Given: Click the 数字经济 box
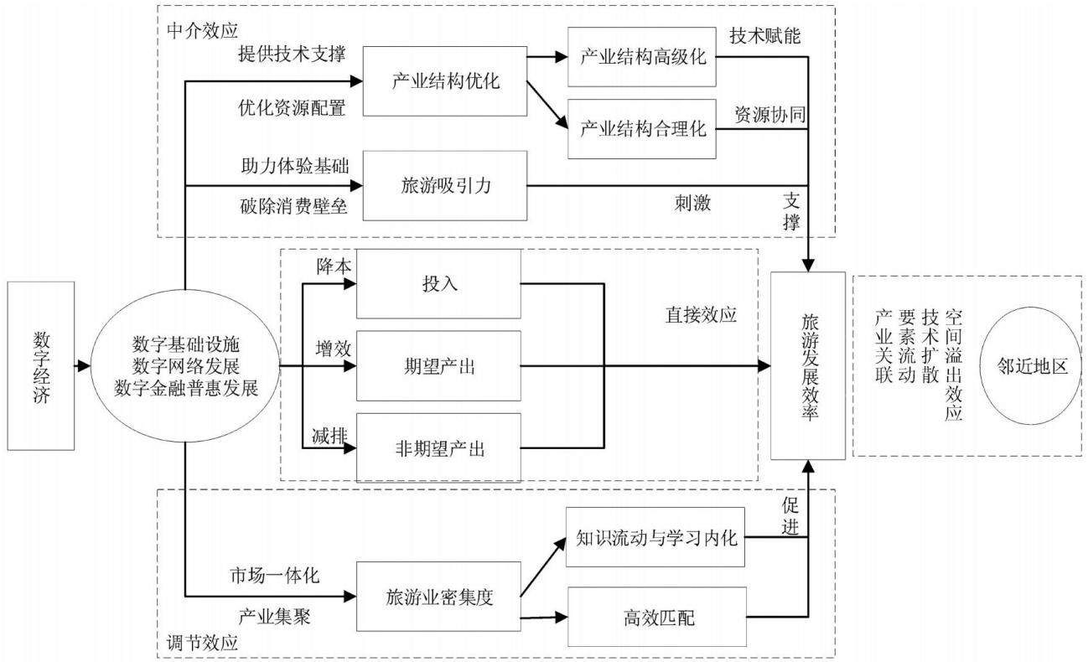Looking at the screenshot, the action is (x=41, y=365).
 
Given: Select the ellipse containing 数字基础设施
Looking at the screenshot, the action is (x=185, y=365).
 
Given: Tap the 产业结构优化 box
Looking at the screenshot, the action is (x=445, y=81).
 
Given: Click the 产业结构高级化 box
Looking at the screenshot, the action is (x=641, y=57).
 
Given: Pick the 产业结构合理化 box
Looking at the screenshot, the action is (x=641, y=129).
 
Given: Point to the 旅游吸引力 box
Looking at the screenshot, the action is (x=445, y=185).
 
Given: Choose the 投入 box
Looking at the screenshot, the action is (x=438, y=283).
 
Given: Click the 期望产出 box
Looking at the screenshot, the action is (x=438, y=365).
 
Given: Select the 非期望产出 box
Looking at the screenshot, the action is (x=438, y=447).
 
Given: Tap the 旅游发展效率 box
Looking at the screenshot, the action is (x=808, y=365).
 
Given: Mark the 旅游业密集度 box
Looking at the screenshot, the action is (x=438, y=597).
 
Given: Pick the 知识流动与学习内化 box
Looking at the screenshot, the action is (x=655, y=536).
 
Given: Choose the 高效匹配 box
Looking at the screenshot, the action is (x=657, y=617).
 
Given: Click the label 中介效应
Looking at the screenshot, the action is (x=202, y=31).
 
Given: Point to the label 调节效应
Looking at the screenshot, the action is (x=202, y=643).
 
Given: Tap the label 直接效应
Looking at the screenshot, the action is (x=701, y=315).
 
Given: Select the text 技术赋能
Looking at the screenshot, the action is (x=764, y=36).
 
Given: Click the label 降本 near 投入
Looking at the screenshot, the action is (x=334, y=266).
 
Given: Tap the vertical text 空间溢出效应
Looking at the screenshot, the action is (x=953, y=365).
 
